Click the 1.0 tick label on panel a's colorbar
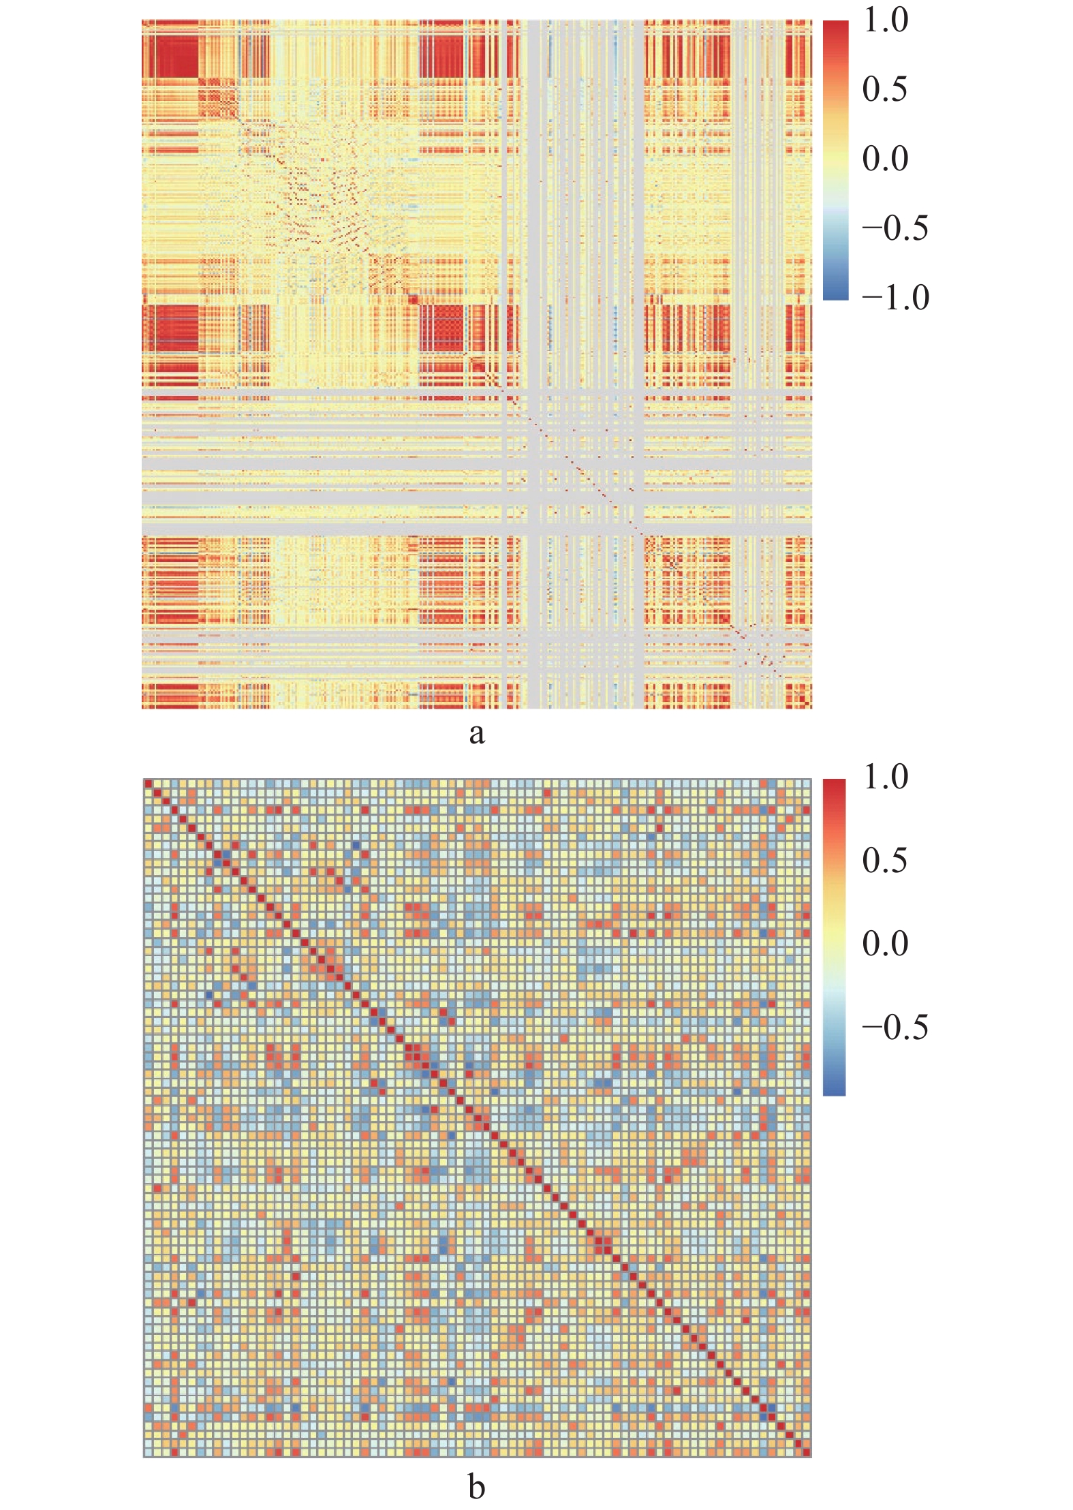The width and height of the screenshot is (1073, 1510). click(885, 20)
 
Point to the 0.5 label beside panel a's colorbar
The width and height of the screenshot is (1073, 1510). click(885, 89)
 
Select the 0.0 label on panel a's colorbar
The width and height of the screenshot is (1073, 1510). click(885, 159)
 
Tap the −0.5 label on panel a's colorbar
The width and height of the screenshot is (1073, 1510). click(895, 228)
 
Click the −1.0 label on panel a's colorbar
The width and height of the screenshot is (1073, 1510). click(895, 298)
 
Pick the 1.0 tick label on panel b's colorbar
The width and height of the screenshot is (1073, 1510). click(885, 777)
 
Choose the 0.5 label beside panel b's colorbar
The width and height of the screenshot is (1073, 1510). click(885, 861)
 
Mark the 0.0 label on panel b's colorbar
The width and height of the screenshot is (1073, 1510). click(885, 944)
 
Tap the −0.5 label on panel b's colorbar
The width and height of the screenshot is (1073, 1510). click(895, 1027)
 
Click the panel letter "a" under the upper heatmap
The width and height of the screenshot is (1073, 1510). click(477, 733)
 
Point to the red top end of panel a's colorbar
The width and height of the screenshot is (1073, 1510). click(835, 27)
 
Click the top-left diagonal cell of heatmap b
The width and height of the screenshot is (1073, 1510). click(149, 784)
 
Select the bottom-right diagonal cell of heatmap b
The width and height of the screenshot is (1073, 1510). click(807, 1452)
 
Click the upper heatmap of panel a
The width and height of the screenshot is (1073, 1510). click(477, 365)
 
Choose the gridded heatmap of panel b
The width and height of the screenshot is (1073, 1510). click(477, 1118)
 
